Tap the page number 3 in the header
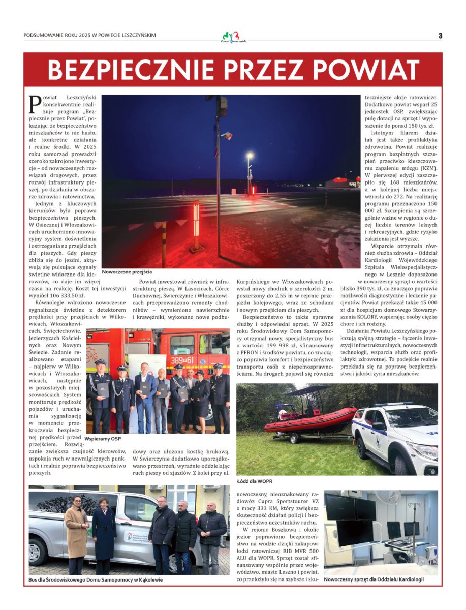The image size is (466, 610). coord(440,35)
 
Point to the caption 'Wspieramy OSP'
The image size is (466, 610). coord(103,438)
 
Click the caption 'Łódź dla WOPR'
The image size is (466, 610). coord(255,480)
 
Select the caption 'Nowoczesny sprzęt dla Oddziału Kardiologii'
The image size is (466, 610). coord(374,579)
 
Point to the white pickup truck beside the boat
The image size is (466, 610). coord(396,437)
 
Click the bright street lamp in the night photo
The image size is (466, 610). coord(249,156)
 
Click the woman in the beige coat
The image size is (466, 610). coord(76,534)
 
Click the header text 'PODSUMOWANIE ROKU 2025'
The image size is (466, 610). coord(65,35)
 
